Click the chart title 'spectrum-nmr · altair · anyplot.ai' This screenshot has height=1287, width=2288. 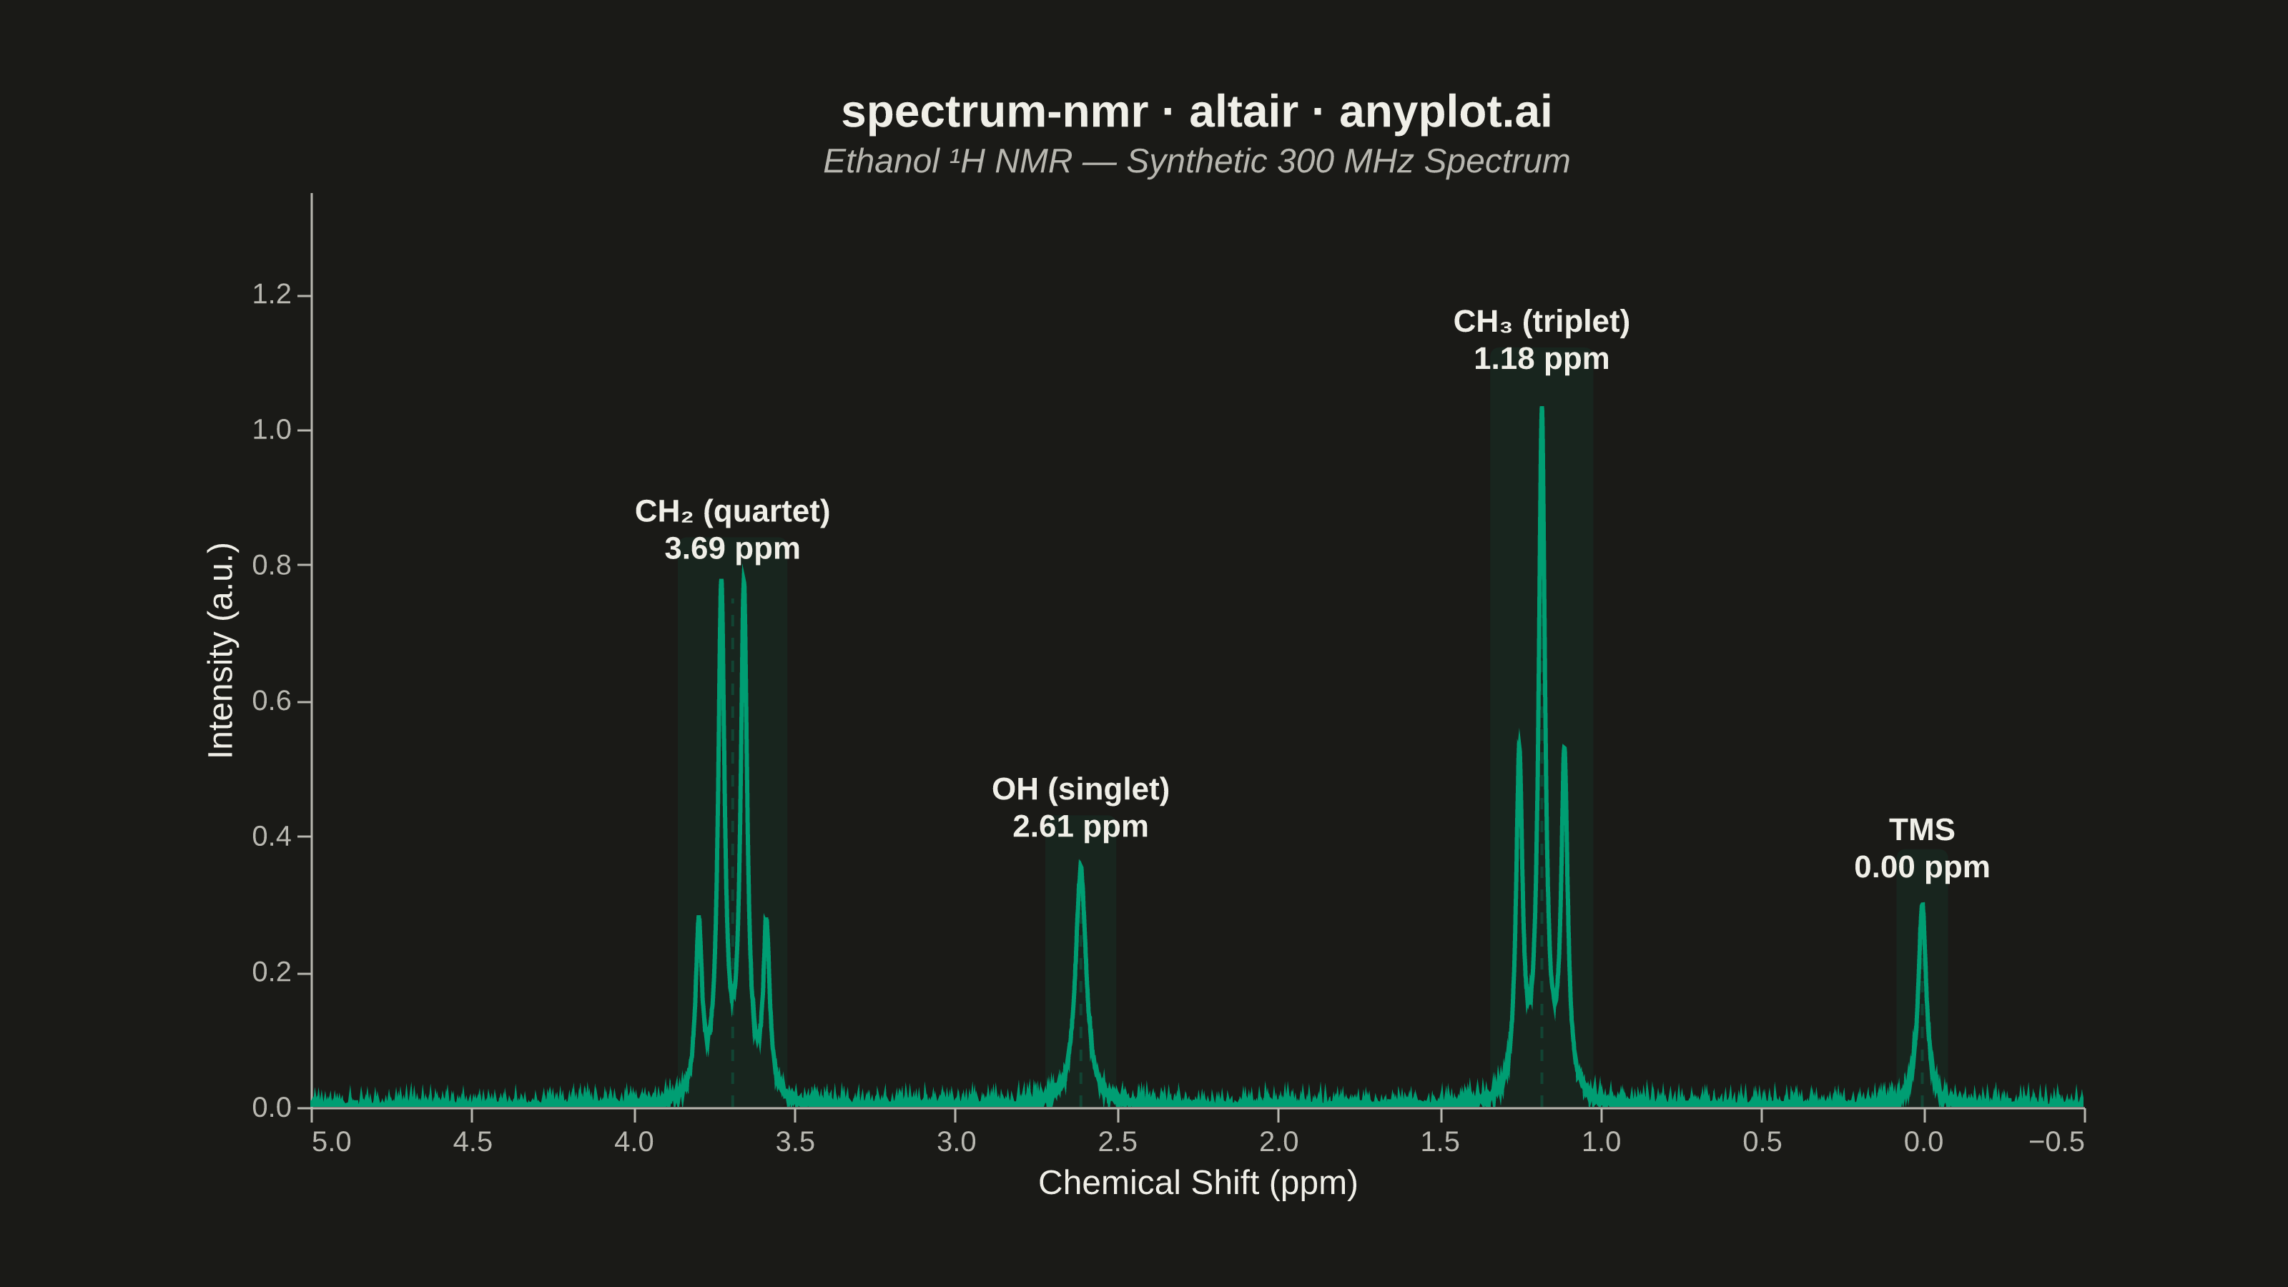1196,113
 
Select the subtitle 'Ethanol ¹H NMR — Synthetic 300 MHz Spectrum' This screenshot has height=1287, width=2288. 1196,162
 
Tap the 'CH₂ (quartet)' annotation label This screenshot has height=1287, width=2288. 732,512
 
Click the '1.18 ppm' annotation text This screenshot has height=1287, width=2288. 1541,359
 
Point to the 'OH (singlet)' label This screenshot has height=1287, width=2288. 1080,789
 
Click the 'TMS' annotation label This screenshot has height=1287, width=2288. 1922,829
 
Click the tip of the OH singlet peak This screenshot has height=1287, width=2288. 1080,862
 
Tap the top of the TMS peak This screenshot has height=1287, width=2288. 1922,904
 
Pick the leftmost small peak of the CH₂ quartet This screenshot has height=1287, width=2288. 698,917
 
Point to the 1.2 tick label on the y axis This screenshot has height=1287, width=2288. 272,294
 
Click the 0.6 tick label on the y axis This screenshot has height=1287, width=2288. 272,701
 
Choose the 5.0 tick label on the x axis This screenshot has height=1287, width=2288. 331,1141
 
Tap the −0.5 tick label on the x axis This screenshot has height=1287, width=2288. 2057,1141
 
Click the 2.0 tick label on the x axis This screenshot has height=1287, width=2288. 1279,1141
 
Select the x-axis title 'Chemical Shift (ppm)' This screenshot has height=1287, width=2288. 1198,1183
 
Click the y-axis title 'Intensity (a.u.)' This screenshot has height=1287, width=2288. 220,650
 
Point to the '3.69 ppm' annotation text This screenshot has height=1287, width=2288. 732,549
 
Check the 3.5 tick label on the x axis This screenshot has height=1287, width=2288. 795,1141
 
